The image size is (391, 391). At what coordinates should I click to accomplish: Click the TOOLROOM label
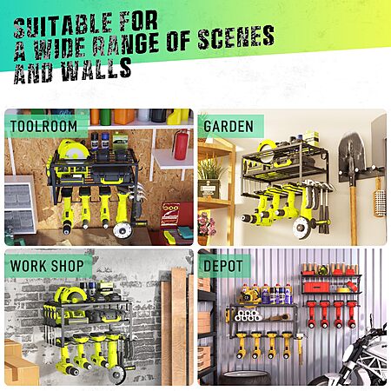(44, 126)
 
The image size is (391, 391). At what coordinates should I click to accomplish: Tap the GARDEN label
(229, 126)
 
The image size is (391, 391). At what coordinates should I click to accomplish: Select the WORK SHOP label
(47, 266)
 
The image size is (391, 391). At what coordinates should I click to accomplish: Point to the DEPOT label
(223, 266)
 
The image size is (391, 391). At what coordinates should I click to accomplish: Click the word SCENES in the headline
(236, 37)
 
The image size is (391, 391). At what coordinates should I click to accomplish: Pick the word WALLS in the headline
(96, 69)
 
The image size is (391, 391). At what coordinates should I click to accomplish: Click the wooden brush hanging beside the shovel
(380, 197)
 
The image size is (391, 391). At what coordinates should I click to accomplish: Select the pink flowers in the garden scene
(206, 224)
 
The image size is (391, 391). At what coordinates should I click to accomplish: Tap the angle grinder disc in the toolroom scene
(123, 231)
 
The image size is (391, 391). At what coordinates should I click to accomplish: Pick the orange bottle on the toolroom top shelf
(124, 116)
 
